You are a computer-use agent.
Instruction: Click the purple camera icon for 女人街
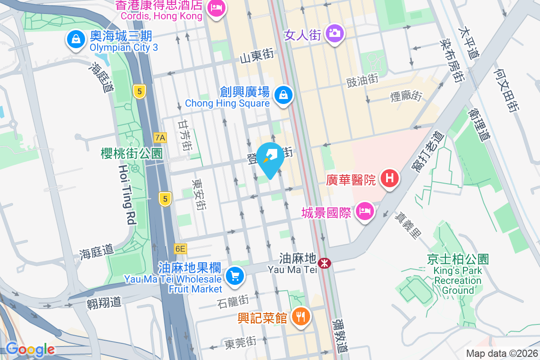click(334, 33)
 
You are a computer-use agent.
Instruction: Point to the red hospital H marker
click(390, 178)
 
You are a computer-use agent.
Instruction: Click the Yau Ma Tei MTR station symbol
click(323, 262)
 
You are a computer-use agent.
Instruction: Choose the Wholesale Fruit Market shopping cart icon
click(234, 275)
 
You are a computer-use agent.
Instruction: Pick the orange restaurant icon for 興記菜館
click(300, 316)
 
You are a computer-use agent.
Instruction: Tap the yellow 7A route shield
click(160, 137)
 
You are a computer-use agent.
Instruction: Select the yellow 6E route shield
click(180, 248)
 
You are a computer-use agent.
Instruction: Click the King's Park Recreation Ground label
click(458, 275)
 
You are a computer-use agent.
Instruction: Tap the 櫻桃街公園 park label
click(131, 154)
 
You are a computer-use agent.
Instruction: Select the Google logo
click(30, 349)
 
